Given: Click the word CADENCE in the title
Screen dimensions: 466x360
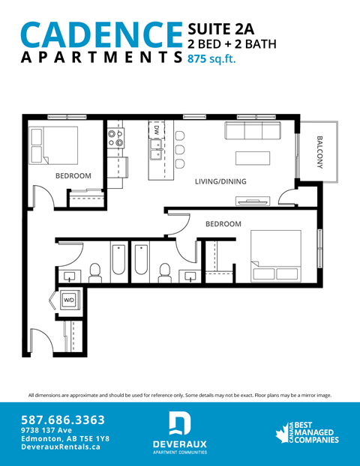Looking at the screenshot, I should [102, 35].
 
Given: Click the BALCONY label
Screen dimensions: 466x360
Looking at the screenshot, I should [320, 153].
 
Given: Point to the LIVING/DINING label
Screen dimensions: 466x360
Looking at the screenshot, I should [220, 182].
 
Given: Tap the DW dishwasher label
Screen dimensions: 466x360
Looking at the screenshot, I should [156, 130].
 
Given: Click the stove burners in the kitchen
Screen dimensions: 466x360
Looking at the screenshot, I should [115, 136].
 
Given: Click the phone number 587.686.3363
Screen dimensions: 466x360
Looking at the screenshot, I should [63, 420].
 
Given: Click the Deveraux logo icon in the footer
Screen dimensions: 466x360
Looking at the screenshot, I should [179, 424].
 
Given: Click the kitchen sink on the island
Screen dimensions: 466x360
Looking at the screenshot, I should [157, 155].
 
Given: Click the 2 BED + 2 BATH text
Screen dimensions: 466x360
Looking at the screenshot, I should [232, 43].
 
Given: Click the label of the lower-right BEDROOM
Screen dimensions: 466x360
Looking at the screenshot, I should [223, 224].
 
